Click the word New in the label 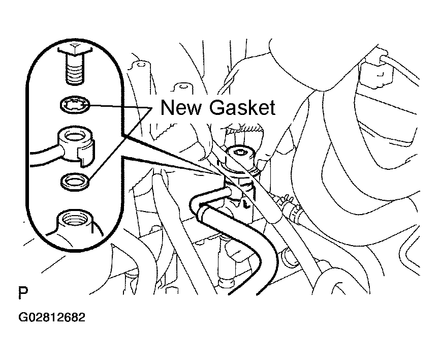click(181, 108)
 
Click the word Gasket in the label click(242, 108)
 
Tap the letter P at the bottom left click(23, 292)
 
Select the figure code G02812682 click(52, 317)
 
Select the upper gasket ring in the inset click(75, 105)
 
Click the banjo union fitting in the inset click(76, 144)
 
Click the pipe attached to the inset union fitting click(44, 159)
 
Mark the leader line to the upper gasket click(120, 106)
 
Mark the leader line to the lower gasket click(120, 143)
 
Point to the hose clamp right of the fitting click(292, 207)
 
